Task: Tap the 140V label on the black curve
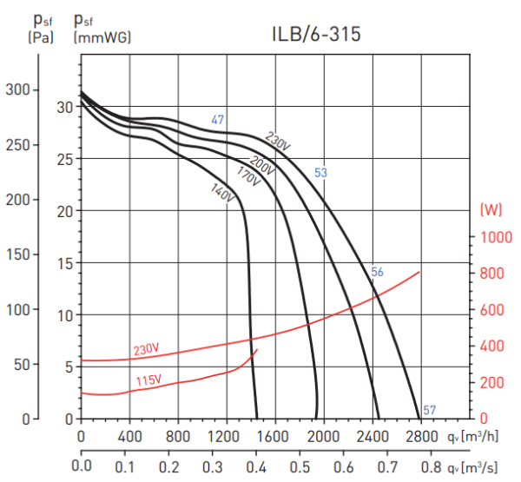pos(223,193)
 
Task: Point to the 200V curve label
pos(261,162)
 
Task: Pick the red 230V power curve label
pos(146,349)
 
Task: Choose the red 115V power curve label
pos(148,381)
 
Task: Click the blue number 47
pos(218,120)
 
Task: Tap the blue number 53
pos(320,173)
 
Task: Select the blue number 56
pos(377,272)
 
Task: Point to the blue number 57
pos(429,410)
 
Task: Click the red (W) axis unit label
pos(491,209)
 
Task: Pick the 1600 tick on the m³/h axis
pos(274,436)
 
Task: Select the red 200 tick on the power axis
pos(493,382)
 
